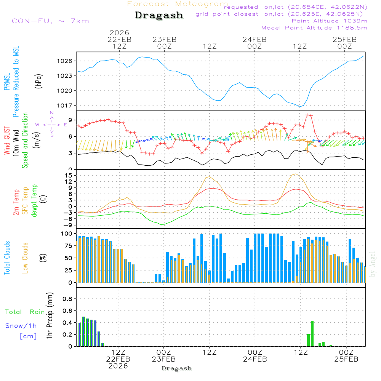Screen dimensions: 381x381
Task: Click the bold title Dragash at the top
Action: (x=159, y=16)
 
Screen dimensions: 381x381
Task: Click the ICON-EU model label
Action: (x=49, y=21)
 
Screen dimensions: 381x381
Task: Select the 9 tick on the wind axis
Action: (x=71, y=120)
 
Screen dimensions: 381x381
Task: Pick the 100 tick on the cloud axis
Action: (x=67, y=234)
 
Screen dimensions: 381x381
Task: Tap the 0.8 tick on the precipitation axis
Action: (x=67, y=299)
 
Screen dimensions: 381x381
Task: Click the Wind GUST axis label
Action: (x=7, y=141)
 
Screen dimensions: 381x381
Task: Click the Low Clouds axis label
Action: (x=25, y=258)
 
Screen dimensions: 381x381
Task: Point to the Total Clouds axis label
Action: (x=7, y=258)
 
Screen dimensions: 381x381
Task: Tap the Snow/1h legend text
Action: (x=21, y=326)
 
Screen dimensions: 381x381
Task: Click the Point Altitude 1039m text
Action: (x=329, y=21)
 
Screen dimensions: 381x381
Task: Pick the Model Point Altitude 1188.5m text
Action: (x=314, y=28)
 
